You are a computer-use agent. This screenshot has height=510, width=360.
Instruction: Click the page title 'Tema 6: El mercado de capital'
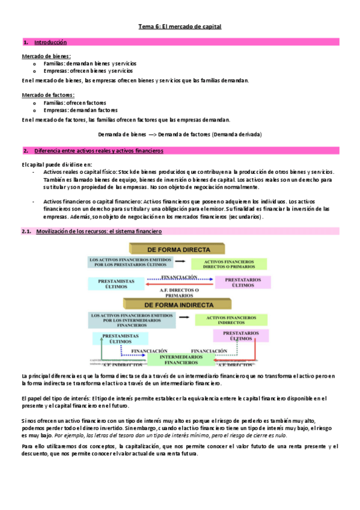pos(180,27)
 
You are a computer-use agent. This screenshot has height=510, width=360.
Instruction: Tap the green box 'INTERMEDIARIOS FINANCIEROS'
pos(177,360)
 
